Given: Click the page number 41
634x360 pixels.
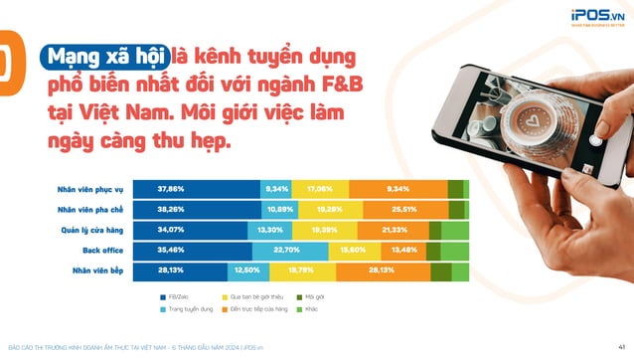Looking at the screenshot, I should coord(621,347).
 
